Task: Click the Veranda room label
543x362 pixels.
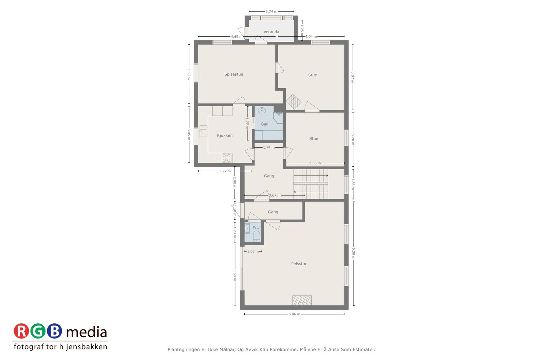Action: point(271,32)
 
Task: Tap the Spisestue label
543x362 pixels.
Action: point(233,74)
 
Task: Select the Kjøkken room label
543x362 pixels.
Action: point(225,135)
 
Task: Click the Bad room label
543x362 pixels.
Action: point(264,124)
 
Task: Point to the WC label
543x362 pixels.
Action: point(256,227)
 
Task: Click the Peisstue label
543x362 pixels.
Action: point(299,264)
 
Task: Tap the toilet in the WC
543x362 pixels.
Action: point(257,236)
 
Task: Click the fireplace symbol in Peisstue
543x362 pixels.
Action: point(302,300)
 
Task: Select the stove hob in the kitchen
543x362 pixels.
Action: point(227,158)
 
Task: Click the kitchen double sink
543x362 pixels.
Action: point(203,131)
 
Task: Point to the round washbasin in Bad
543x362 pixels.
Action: point(262,110)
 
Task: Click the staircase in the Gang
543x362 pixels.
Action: point(311,184)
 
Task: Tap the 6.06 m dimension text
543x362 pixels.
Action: point(294,314)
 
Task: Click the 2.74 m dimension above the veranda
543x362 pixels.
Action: point(271,12)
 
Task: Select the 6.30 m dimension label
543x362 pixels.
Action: point(353,251)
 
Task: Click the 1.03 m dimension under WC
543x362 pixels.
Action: point(253,251)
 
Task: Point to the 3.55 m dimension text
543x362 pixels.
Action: point(315,163)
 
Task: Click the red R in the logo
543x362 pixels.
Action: point(21,331)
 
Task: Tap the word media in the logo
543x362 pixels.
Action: point(87,332)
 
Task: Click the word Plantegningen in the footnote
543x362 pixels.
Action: point(184,349)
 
